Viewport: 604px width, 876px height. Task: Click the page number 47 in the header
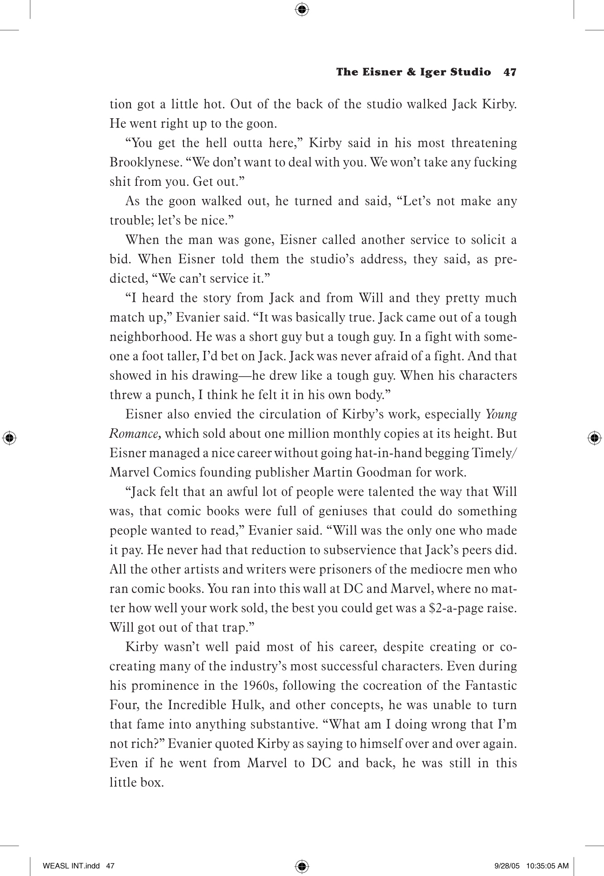coord(510,72)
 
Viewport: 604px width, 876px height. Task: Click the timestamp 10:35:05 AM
coord(548,866)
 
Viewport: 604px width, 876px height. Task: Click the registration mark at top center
coord(302,9)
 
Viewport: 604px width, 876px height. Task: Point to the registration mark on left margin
coord(9,437)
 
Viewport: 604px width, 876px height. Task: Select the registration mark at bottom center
coord(302,866)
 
